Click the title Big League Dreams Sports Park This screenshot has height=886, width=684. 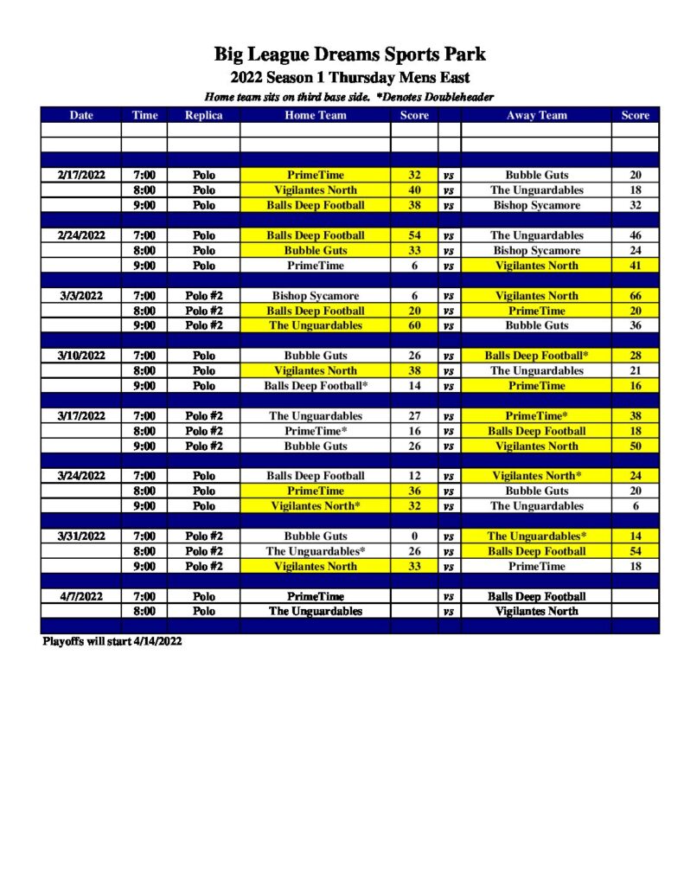(349, 55)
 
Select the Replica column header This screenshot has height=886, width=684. (204, 115)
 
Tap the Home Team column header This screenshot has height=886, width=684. (316, 115)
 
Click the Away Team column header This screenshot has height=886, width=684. (536, 115)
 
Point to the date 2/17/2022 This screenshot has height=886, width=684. (81, 175)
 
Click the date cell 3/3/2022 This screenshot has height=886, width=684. (81, 296)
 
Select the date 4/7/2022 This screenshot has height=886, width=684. (81, 596)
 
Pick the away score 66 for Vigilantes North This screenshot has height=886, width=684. (636, 296)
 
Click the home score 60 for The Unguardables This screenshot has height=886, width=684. (414, 326)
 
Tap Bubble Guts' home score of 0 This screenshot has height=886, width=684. (414, 536)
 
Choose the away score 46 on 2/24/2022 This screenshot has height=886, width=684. (636, 235)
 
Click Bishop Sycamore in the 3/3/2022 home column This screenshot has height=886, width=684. (316, 296)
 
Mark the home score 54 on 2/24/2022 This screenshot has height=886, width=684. (414, 235)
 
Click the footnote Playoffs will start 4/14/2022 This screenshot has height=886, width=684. (112, 642)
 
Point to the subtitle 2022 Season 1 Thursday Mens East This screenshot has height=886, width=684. (349, 78)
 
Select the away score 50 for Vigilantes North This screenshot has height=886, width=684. (636, 446)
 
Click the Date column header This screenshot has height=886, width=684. (81, 115)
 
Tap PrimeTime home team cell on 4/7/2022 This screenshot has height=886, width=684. (316, 596)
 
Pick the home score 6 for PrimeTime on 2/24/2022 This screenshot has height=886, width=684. (414, 266)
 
